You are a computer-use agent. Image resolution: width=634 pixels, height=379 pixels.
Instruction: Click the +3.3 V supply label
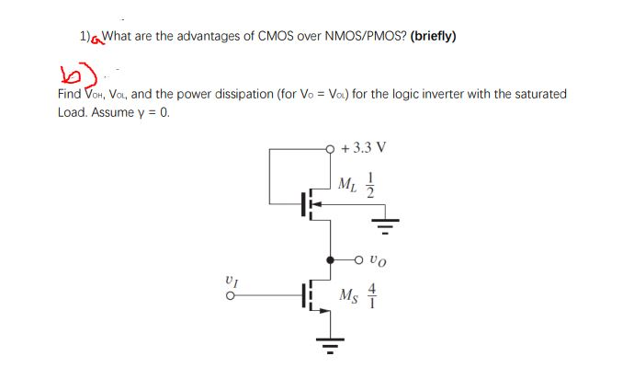click(363, 147)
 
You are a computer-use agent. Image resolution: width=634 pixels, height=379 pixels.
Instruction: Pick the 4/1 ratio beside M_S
click(373, 294)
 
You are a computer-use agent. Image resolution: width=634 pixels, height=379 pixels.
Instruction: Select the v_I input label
click(232, 279)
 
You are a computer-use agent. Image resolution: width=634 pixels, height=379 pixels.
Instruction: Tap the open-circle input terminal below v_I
click(232, 296)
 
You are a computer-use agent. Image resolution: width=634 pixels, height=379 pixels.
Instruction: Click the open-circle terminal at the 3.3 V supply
click(330, 147)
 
